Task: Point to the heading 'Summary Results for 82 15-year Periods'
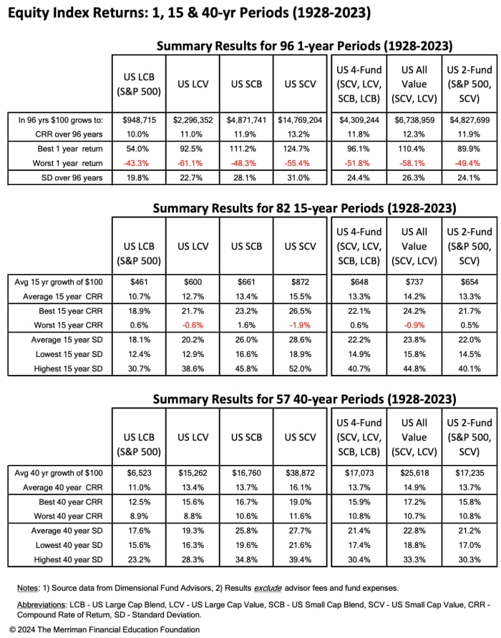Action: [x=304, y=209]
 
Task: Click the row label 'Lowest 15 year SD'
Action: [x=70, y=355]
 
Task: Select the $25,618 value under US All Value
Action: [x=414, y=473]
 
